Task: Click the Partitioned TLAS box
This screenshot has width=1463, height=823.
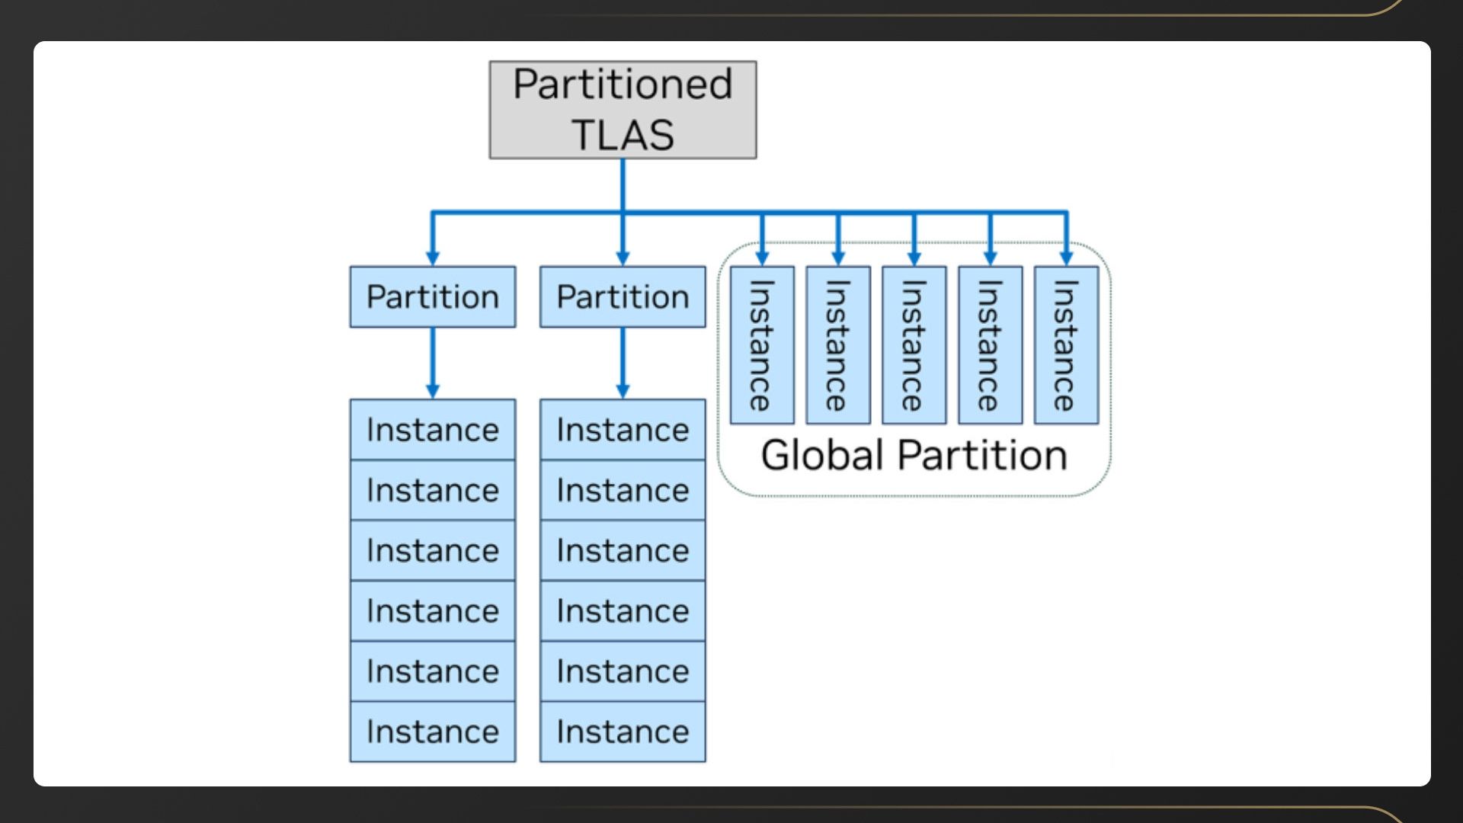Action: [623, 110]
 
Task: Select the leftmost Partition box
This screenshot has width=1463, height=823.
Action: [433, 297]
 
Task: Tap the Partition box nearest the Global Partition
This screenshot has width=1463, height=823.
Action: [623, 297]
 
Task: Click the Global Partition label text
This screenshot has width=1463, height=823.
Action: [914, 456]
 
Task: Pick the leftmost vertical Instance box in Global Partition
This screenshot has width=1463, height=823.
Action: [762, 345]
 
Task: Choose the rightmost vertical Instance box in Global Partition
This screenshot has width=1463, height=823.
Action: [1066, 345]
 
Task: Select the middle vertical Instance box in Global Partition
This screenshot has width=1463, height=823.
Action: [914, 345]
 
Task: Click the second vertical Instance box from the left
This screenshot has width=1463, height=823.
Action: [838, 345]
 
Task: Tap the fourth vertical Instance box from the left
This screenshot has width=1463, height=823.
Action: [990, 345]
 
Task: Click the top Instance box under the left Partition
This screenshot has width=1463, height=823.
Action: [433, 430]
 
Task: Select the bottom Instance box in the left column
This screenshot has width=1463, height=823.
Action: [433, 732]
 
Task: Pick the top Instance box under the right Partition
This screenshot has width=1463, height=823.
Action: [623, 430]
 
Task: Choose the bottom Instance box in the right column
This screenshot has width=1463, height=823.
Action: [623, 732]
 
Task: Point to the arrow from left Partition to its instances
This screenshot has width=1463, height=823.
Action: [433, 363]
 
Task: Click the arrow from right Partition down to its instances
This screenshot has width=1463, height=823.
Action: [623, 363]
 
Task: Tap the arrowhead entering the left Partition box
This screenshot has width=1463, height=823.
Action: [433, 258]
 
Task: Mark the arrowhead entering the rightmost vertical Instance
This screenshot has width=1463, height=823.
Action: [1066, 258]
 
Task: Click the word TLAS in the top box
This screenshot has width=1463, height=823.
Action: [623, 135]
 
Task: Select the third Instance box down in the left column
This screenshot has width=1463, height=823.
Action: [433, 550]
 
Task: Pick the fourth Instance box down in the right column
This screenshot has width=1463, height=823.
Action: [623, 610]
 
